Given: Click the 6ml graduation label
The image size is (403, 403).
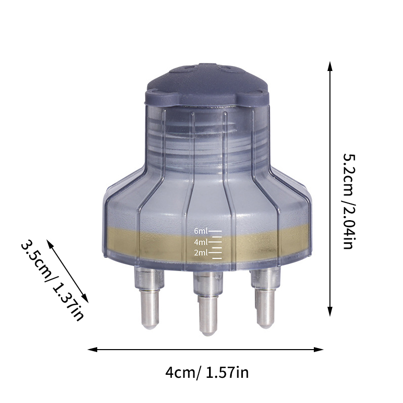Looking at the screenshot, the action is click(201, 231).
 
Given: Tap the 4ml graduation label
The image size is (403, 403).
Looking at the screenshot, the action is click(201, 242).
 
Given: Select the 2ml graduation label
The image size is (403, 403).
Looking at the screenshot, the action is click(201, 253).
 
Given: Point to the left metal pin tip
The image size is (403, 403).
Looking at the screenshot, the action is click(149, 326).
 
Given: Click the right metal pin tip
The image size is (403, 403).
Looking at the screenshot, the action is click(265, 325).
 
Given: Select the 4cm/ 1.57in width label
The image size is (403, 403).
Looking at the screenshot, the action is click(207, 372).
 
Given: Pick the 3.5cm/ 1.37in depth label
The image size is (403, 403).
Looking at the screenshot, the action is click(52, 281).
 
